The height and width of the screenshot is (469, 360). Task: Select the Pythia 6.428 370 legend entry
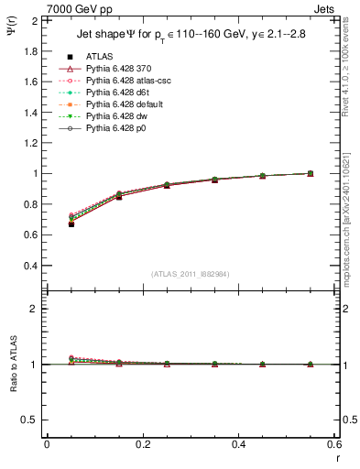point(119,69)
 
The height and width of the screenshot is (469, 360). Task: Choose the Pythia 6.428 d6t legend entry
point(119,93)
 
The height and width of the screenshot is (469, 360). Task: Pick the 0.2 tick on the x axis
point(142,443)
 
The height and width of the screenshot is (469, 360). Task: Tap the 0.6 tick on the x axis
point(334,443)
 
